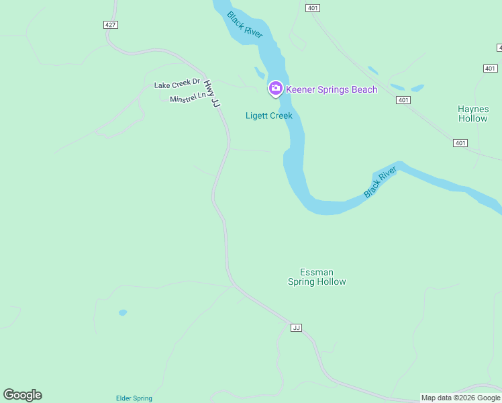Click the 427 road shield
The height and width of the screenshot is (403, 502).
point(111,25)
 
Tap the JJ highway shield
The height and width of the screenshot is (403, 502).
point(296,328)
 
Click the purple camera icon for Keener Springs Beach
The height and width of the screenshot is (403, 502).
point(275,88)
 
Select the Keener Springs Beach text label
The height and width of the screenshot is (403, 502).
point(332,89)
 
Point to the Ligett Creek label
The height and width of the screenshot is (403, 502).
point(268,116)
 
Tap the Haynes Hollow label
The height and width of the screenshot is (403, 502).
point(473,114)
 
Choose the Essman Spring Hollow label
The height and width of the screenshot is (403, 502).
point(317,277)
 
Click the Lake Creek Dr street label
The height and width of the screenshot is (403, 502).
point(177,84)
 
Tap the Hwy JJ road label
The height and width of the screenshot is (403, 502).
point(213,93)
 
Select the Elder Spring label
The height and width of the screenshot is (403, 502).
point(134,398)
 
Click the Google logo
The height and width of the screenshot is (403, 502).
point(22,395)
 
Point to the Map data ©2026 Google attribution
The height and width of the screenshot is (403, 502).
point(460,398)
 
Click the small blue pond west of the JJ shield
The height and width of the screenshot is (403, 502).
point(123,312)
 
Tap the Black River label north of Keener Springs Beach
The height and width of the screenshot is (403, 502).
point(244,25)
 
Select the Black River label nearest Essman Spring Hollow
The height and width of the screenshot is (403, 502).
point(381,183)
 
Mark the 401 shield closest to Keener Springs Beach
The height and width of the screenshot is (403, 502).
point(403,100)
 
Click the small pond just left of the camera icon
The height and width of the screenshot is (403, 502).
point(260,73)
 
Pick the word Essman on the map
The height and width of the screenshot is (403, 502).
point(317,272)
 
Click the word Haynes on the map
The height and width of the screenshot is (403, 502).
point(473,109)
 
